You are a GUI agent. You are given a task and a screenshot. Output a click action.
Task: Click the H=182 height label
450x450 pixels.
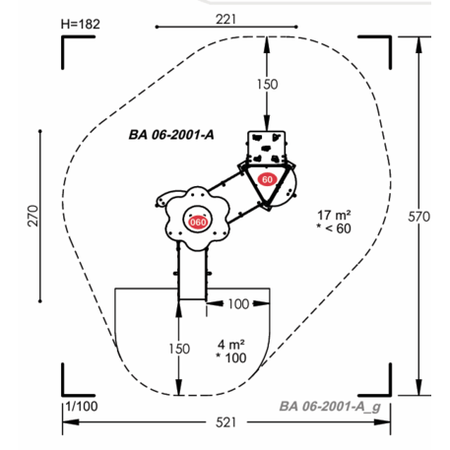tap(80, 24)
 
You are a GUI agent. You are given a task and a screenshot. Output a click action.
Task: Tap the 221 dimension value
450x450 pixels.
tap(225, 19)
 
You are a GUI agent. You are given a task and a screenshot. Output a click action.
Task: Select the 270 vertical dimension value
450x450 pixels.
tap(33, 216)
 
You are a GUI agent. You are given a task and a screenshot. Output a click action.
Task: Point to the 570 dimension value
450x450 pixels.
tap(418, 217)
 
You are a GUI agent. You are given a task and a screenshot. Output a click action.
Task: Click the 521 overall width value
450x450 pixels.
tap(225, 422)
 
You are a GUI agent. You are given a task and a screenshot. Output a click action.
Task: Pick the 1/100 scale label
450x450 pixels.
tap(82, 407)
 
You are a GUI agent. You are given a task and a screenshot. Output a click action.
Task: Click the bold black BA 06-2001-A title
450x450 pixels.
tap(171, 135)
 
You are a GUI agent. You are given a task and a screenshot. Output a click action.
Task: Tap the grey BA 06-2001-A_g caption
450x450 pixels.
tap(330, 407)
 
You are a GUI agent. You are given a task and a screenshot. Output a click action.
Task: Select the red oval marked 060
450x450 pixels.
tap(198, 223)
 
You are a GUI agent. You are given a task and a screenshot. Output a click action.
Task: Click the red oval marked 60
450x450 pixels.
tap(267, 179)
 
